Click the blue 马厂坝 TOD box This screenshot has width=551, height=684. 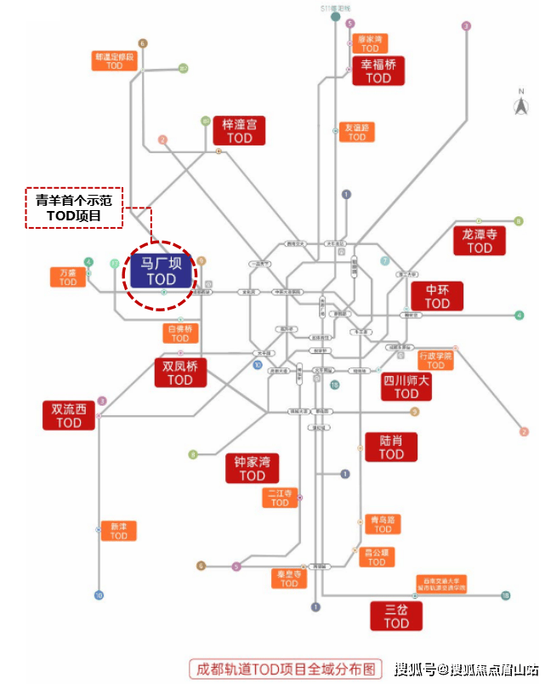tap(160, 271)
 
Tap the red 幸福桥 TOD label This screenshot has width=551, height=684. tap(378, 71)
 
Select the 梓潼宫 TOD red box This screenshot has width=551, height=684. tap(239, 130)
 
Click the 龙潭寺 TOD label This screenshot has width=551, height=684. tap(479, 240)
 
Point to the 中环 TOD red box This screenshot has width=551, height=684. tap(437, 296)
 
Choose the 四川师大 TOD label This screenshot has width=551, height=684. tap(406, 386)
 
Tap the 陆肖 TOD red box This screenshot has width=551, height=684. tap(391, 447)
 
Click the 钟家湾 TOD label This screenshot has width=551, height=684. tap(252, 469)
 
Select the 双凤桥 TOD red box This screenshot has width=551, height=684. tap(180, 373)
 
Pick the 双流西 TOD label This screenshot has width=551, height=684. tap(69, 415)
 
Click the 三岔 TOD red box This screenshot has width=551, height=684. tap(396, 616)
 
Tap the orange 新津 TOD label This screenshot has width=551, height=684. tap(118, 530)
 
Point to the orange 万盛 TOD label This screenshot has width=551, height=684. tap(68, 276)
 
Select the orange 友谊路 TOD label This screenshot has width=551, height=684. tap(356, 132)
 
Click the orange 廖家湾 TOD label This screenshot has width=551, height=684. tap(369, 43)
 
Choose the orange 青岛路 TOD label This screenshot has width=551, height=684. tap(383, 523)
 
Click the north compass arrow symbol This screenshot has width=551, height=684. tap(520, 106)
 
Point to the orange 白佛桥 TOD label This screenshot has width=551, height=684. tap(180, 333)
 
